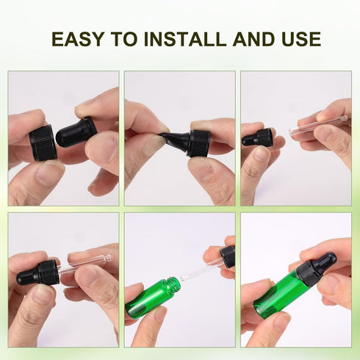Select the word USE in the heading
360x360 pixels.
tap(301, 39)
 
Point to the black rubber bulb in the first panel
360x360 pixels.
tap(76, 132)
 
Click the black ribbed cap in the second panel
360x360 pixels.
tap(200, 143)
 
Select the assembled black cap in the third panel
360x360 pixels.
tap(257, 138)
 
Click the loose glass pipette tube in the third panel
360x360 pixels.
tap(318, 126)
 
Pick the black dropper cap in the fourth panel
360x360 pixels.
tap(38, 273)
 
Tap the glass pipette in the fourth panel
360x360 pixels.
tap(84, 264)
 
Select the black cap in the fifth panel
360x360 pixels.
tap(228, 256)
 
